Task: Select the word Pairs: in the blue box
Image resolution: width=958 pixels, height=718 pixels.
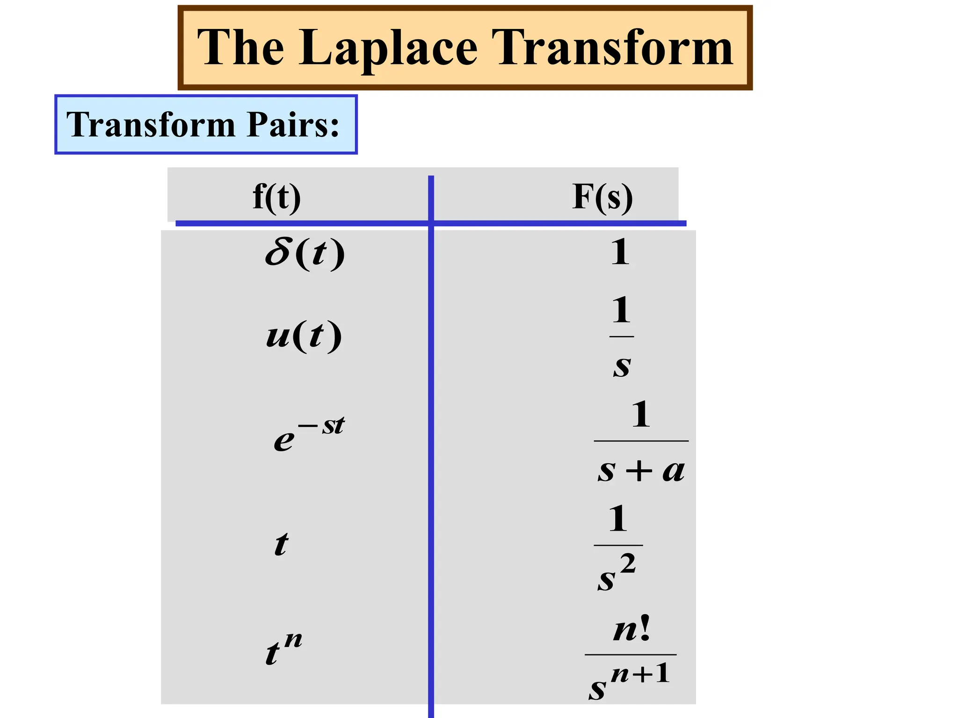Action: (x=293, y=125)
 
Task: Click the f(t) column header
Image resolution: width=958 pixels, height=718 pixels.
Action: (x=276, y=197)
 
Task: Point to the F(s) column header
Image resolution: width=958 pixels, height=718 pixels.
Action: (x=602, y=197)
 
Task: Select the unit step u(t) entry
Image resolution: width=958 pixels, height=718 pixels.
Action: (x=304, y=336)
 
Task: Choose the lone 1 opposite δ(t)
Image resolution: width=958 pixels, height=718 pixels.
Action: (x=620, y=252)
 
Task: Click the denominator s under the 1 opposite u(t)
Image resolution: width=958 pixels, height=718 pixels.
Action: (x=622, y=366)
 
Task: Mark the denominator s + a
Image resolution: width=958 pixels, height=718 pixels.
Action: (x=641, y=470)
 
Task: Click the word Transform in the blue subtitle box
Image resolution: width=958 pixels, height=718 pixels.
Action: (x=151, y=125)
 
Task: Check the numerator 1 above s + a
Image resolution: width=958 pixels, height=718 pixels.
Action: (x=641, y=415)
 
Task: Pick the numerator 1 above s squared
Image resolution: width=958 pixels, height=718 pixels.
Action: (x=618, y=519)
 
